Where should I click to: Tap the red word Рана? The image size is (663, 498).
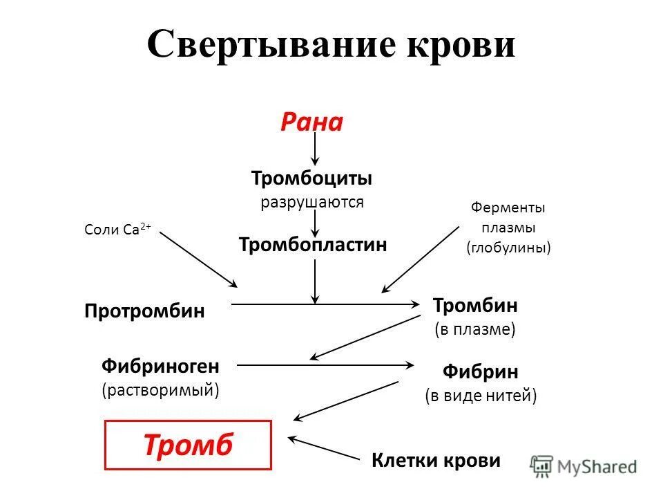tap(311, 122)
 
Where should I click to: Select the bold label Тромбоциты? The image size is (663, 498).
tap(312, 178)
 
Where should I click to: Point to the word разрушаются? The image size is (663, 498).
tap(312, 202)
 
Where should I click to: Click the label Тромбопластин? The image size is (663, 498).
tap(313, 244)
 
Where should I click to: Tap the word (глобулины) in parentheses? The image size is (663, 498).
tap(509, 247)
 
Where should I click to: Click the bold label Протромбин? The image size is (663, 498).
tap(145, 311)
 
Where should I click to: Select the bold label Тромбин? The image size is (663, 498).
tap(475, 305)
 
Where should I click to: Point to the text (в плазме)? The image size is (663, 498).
tap(475, 329)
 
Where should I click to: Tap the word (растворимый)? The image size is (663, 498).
tap(161, 389)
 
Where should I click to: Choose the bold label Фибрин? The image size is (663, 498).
tap(481, 371)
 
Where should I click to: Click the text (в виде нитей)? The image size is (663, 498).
tap(481, 396)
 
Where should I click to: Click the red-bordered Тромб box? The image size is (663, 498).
tap(189, 445)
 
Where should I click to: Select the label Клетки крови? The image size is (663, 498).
tap(436, 461)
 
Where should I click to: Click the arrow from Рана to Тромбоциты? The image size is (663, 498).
tap(315, 149)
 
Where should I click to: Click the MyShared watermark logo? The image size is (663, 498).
tap(584, 466)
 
